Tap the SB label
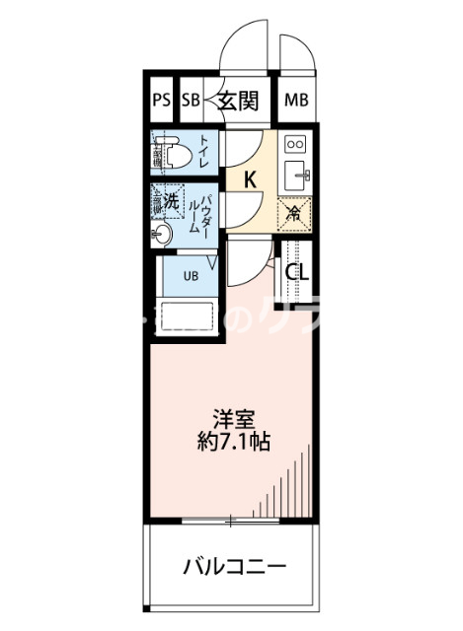tap(191, 100)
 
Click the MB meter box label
tap(295, 100)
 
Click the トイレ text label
tap(204, 153)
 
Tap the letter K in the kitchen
tap(251, 178)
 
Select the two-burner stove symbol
tap(295, 145)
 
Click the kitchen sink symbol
tap(296, 177)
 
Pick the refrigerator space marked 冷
tap(294, 210)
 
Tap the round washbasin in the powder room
tap(164, 234)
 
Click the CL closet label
tap(297, 272)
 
